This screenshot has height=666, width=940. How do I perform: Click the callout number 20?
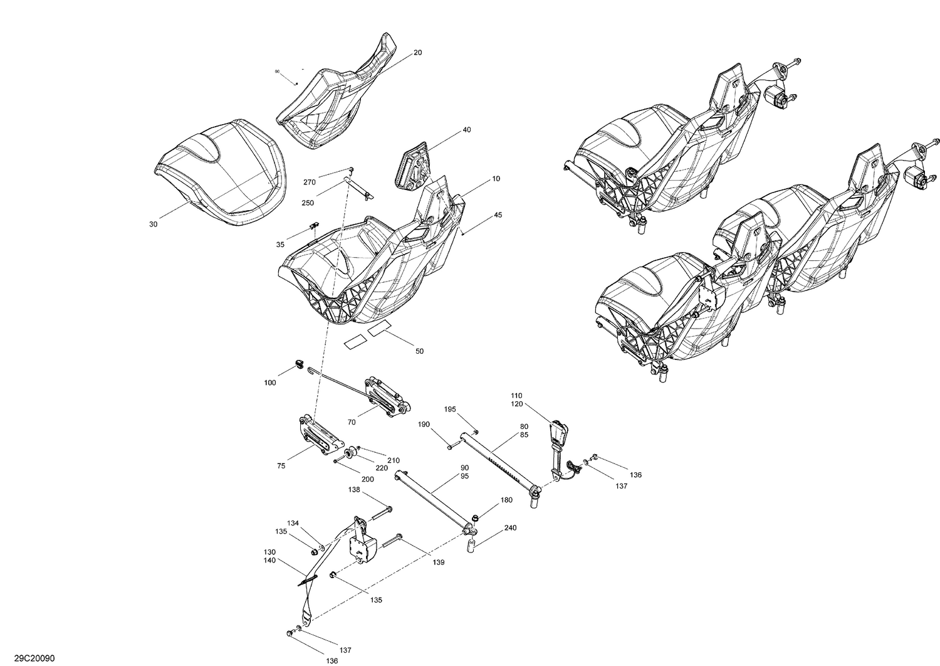point(417,53)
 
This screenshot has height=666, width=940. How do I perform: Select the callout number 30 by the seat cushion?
point(153,225)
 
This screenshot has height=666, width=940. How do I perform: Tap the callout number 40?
point(466,130)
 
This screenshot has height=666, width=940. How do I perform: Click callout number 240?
point(510,528)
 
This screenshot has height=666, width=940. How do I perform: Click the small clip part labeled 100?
point(299,364)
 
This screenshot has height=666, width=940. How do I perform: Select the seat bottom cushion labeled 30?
point(219,169)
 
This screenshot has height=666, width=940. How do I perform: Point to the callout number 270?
point(310,182)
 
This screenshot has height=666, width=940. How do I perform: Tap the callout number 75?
point(281,466)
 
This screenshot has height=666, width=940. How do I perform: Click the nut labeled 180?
point(476,518)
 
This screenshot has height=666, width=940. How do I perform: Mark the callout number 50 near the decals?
point(419,351)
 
